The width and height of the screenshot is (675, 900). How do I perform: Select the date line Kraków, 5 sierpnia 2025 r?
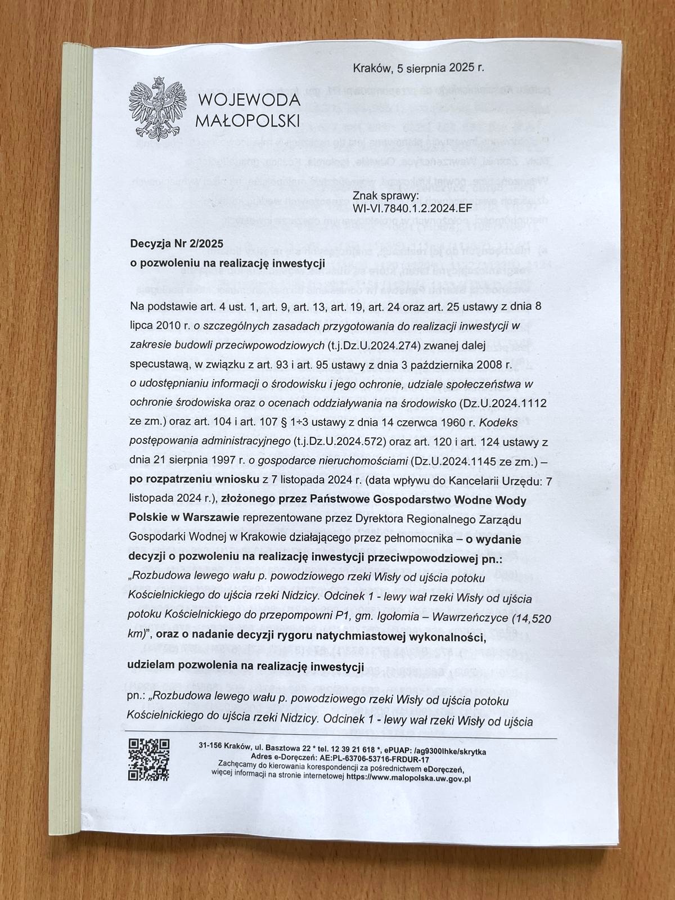(418, 68)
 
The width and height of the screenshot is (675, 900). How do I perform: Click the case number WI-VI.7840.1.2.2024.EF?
(412, 208)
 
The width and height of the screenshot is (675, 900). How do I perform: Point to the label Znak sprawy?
(385, 196)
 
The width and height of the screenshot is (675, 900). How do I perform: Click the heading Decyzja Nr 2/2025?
(177, 244)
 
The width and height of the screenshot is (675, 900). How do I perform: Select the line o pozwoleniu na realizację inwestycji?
(228, 263)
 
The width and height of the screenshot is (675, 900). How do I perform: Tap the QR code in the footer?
(149, 759)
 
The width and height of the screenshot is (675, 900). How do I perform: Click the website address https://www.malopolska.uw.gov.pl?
(408, 779)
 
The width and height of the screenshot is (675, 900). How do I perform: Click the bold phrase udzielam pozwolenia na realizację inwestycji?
(245, 666)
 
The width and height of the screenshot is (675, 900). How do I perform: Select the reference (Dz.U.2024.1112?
(503, 403)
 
